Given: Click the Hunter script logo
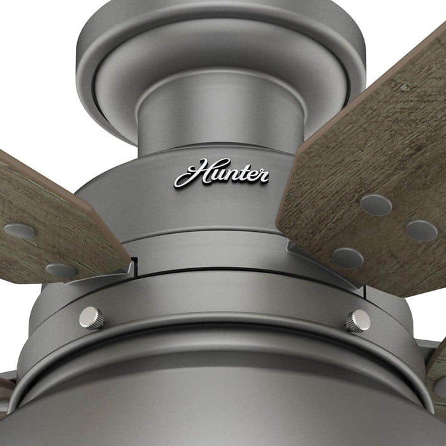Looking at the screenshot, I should pyautogui.click(x=221, y=173).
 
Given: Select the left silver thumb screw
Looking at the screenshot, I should pyautogui.click(x=91, y=317).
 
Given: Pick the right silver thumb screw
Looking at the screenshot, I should pyautogui.click(x=358, y=320).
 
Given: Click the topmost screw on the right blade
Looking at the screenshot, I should pyautogui.click(x=376, y=205).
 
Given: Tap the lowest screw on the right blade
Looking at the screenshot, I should pyautogui.click(x=347, y=257).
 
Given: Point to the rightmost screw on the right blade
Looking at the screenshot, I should pyautogui.click(x=421, y=231).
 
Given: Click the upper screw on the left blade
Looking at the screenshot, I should pyautogui.click(x=19, y=231).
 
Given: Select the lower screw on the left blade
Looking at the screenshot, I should pyautogui.click(x=61, y=270).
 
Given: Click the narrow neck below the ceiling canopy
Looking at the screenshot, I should pyautogui.click(x=220, y=118).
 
